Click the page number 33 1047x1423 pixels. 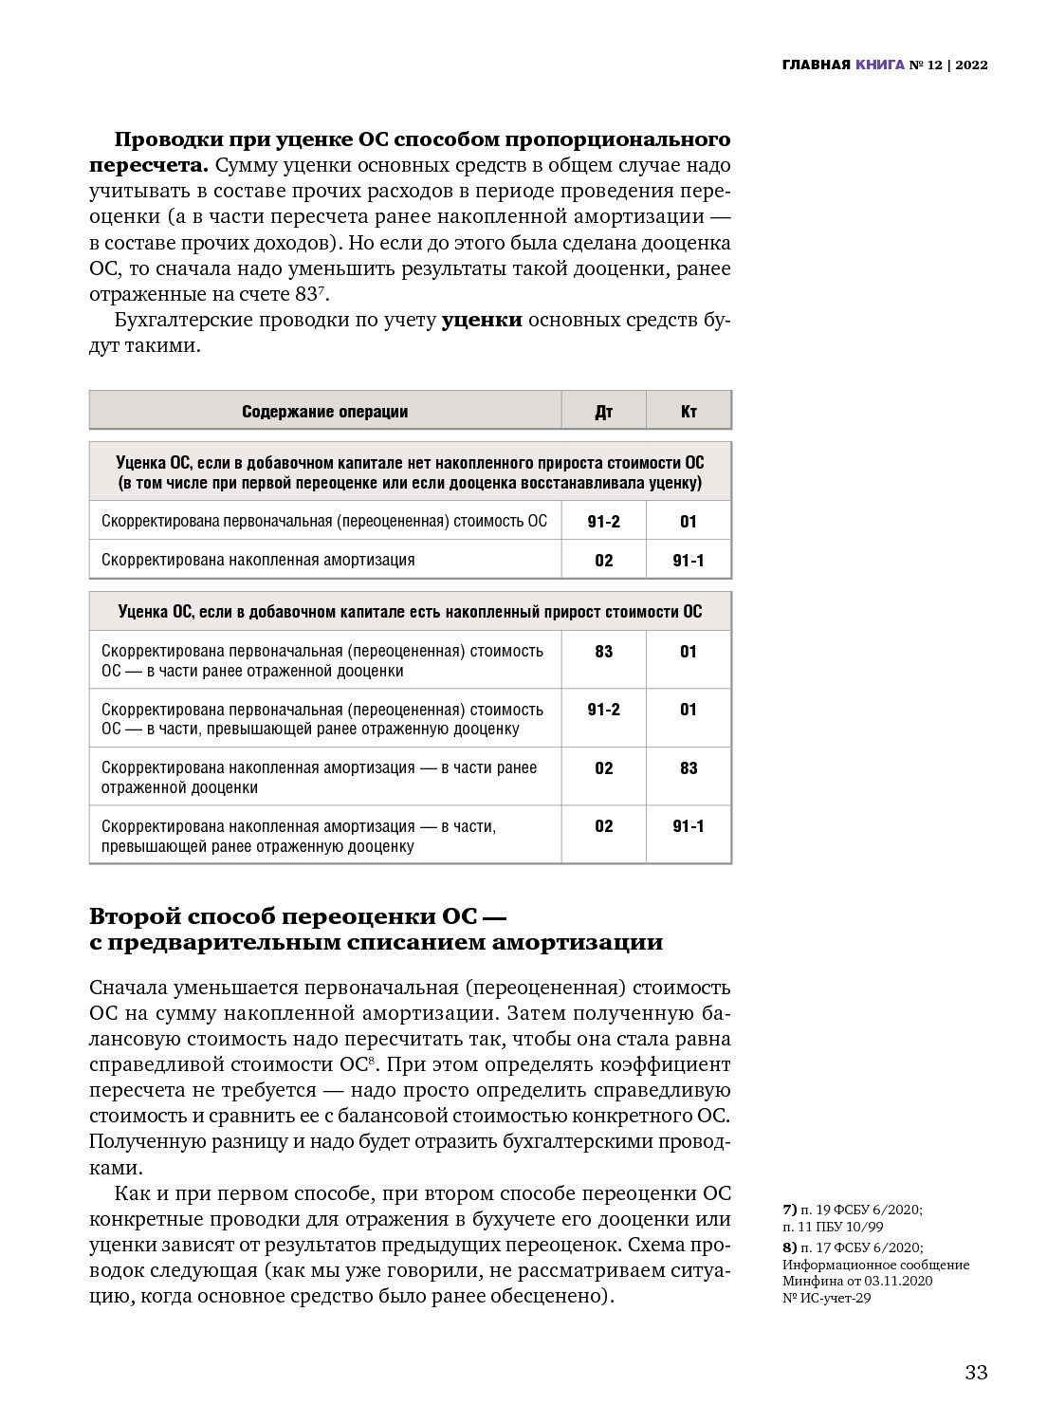976,1372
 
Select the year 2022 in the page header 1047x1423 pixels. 971,65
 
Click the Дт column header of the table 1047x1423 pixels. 603,412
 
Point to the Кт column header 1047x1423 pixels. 689,412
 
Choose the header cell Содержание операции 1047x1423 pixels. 324,412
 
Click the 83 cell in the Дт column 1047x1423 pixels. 603,652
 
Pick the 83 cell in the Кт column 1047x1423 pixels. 689,768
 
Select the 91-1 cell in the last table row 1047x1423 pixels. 689,826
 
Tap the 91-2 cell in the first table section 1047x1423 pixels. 603,521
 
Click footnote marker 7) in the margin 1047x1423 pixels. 790,1210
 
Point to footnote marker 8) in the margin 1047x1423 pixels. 790,1247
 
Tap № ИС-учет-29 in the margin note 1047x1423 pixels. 826,1298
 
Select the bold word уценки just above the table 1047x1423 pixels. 482,320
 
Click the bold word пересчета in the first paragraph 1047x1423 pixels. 148,166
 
